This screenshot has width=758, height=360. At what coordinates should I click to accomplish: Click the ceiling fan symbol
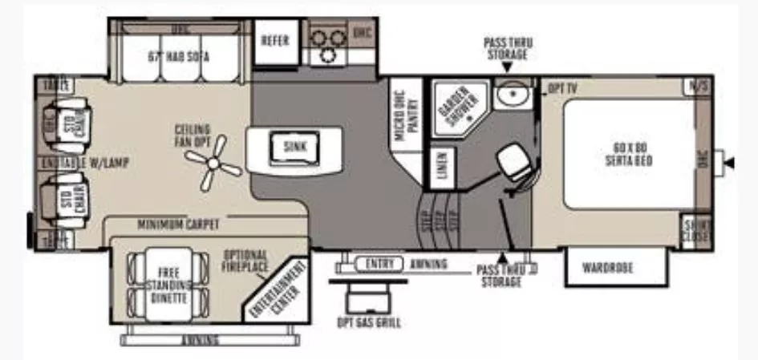click(213, 164)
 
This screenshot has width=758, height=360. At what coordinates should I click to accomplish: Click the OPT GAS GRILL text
click(368, 322)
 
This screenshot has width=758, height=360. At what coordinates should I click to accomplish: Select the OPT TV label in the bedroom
click(562, 88)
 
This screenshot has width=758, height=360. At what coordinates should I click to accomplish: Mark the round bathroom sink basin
click(510, 96)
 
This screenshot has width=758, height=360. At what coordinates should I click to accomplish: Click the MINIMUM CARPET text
click(178, 224)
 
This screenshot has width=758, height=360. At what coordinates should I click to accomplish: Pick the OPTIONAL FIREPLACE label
click(245, 261)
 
